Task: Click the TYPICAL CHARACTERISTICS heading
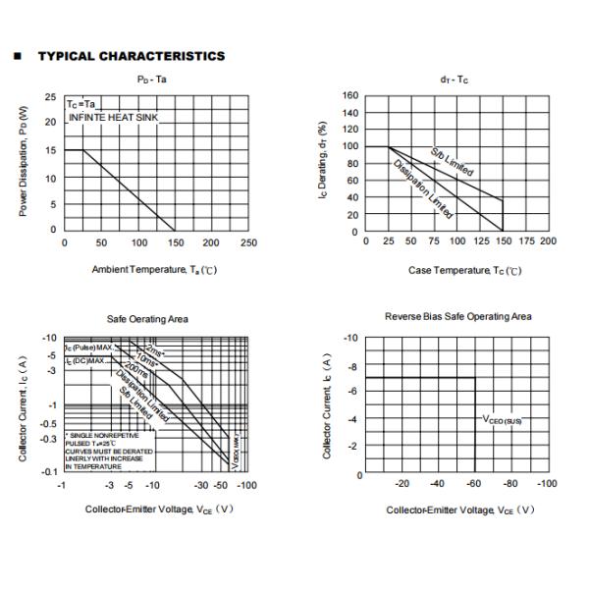(x=131, y=56)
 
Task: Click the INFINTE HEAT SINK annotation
(x=113, y=118)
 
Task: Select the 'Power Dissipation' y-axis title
(x=25, y=162)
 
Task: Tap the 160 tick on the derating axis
(x=349, y=96)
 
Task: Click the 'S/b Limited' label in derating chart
(x=452, y=162)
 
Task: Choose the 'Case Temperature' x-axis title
(x=464, y=270)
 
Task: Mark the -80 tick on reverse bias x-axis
(x=511, y=483)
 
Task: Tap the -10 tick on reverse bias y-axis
(x=348, y=338)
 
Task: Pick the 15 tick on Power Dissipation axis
(x=50, y=150)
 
